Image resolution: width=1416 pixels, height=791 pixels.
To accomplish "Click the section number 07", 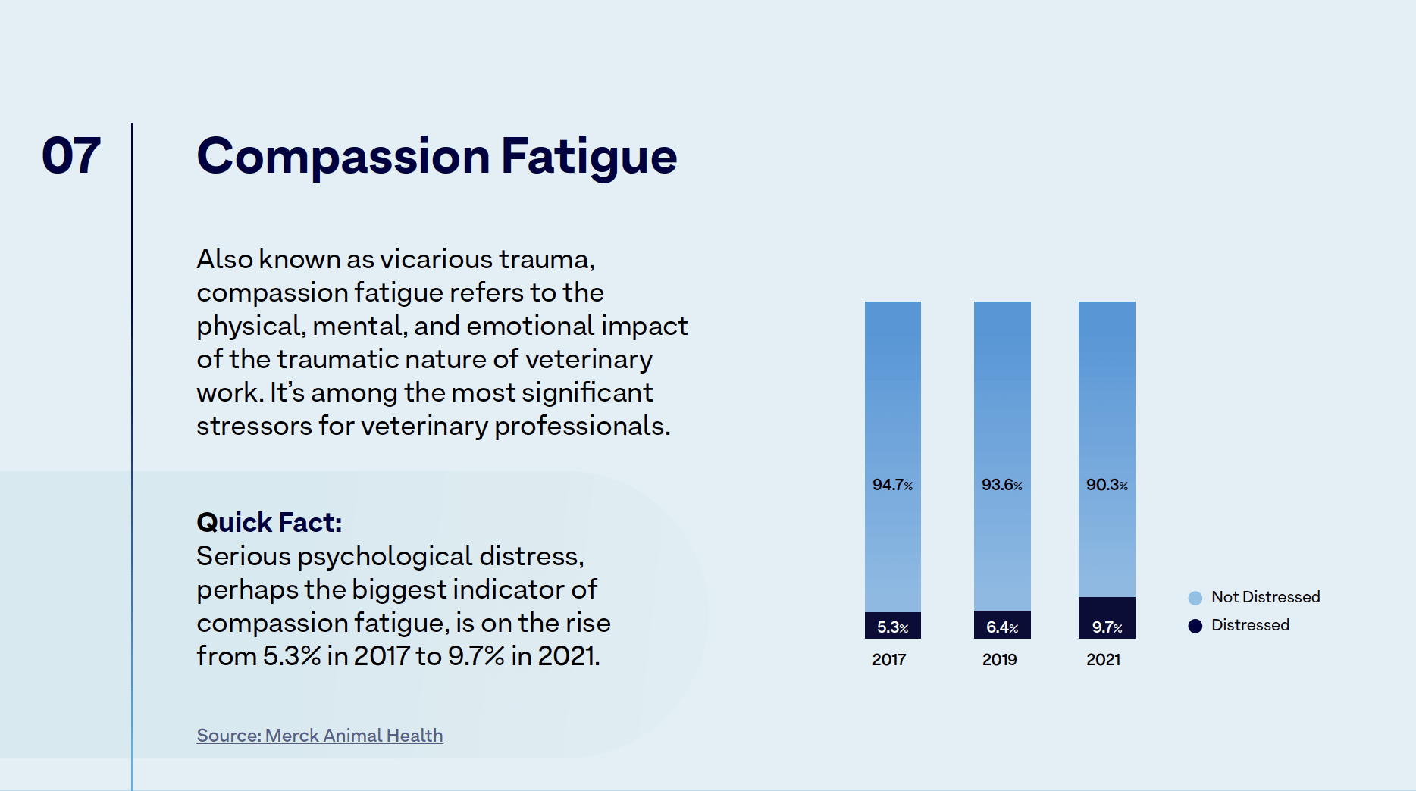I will tap(71, 156).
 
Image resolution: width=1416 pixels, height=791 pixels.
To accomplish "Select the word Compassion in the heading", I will tap(343, 156).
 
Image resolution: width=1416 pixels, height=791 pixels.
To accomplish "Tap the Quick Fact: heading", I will tap(269, 523).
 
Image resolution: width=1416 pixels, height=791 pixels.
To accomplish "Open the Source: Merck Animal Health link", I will tap(320, 736).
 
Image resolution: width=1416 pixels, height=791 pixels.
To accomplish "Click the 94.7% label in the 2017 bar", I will tap(892, 485).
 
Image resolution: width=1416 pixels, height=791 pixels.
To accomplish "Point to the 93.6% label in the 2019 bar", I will tap(1001, 485).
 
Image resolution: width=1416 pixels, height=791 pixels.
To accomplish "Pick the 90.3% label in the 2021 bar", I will tap(1107, 485).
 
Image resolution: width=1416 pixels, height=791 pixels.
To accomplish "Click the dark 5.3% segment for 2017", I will tap(892, 626).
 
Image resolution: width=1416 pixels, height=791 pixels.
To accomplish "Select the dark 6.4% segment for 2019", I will tap(1001, 625).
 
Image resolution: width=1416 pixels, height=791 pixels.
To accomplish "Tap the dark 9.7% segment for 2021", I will tap(1107, 618).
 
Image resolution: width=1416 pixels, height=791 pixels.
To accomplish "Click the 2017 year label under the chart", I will tap(889, 660).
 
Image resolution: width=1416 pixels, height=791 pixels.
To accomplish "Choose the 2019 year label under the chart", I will tap(1000, 660).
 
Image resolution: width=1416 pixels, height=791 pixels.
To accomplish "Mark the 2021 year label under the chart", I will tap(1104, 660).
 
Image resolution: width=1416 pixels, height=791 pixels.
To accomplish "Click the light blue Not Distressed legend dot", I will tap(1195, 598).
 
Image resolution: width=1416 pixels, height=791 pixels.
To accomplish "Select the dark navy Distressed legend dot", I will tap(1195, 626).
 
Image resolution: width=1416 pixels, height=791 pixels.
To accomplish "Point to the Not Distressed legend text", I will tap(1265, 597).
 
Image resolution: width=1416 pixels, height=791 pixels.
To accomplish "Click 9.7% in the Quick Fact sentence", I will tap(476, 656).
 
